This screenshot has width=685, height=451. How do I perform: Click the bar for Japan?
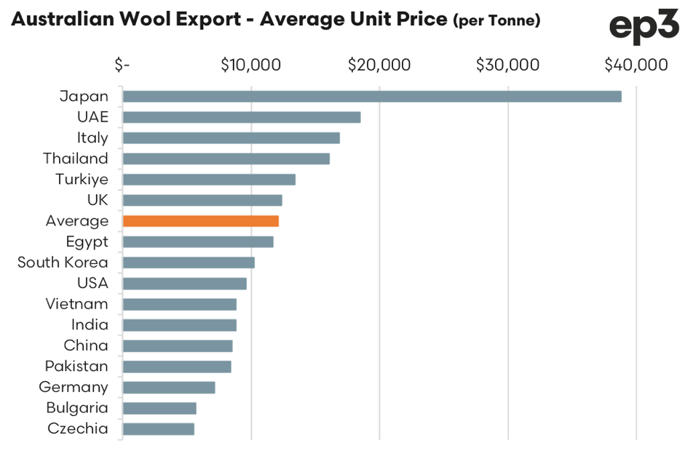(x=371, y=97)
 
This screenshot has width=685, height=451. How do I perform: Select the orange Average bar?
(x=200, y=221)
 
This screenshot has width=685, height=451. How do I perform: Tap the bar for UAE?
(x=241, y=117)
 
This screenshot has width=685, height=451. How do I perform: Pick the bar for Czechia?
(x=158, y=428)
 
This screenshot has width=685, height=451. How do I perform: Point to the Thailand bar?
(x=226, y=159)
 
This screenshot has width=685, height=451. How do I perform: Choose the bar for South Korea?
(x=188, y=263)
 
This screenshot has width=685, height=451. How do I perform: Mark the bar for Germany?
(x=168, y=387)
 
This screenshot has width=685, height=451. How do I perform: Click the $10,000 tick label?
(x=250, y=65)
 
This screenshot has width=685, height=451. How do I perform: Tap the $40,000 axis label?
(x=635, y=65)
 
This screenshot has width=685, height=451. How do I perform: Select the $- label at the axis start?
(x=122, y=65)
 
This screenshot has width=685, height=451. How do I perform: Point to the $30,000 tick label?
(x=507, y=65)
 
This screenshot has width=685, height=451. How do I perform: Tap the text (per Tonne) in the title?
(x=496, y=21)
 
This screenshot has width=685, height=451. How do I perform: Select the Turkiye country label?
(x=82, y=179)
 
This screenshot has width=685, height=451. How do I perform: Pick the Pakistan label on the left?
(x=76, y=366)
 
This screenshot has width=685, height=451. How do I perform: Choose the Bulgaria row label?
(x=77, y=407)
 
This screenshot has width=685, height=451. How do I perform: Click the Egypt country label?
(x=87, y=242)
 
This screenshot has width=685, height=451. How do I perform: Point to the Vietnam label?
(x=76, y=304)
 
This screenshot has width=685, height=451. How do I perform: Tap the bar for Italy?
(x=231, y=138)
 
